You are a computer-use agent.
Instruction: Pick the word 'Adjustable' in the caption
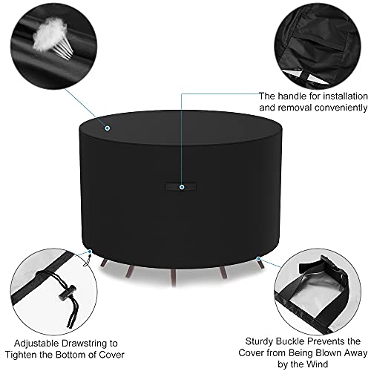click(x=36, y=344)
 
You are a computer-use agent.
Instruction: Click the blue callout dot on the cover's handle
click(x=182, y=187)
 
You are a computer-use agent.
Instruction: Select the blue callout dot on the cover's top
click(x=108, y=128)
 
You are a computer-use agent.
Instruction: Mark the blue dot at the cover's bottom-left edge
click(x=90, y=252)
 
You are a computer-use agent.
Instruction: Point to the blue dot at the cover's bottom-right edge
click(x=258, y=259)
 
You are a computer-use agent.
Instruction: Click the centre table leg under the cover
click(x=174, y=277)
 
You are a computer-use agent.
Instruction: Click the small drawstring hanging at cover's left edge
click(x=86, y=260)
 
